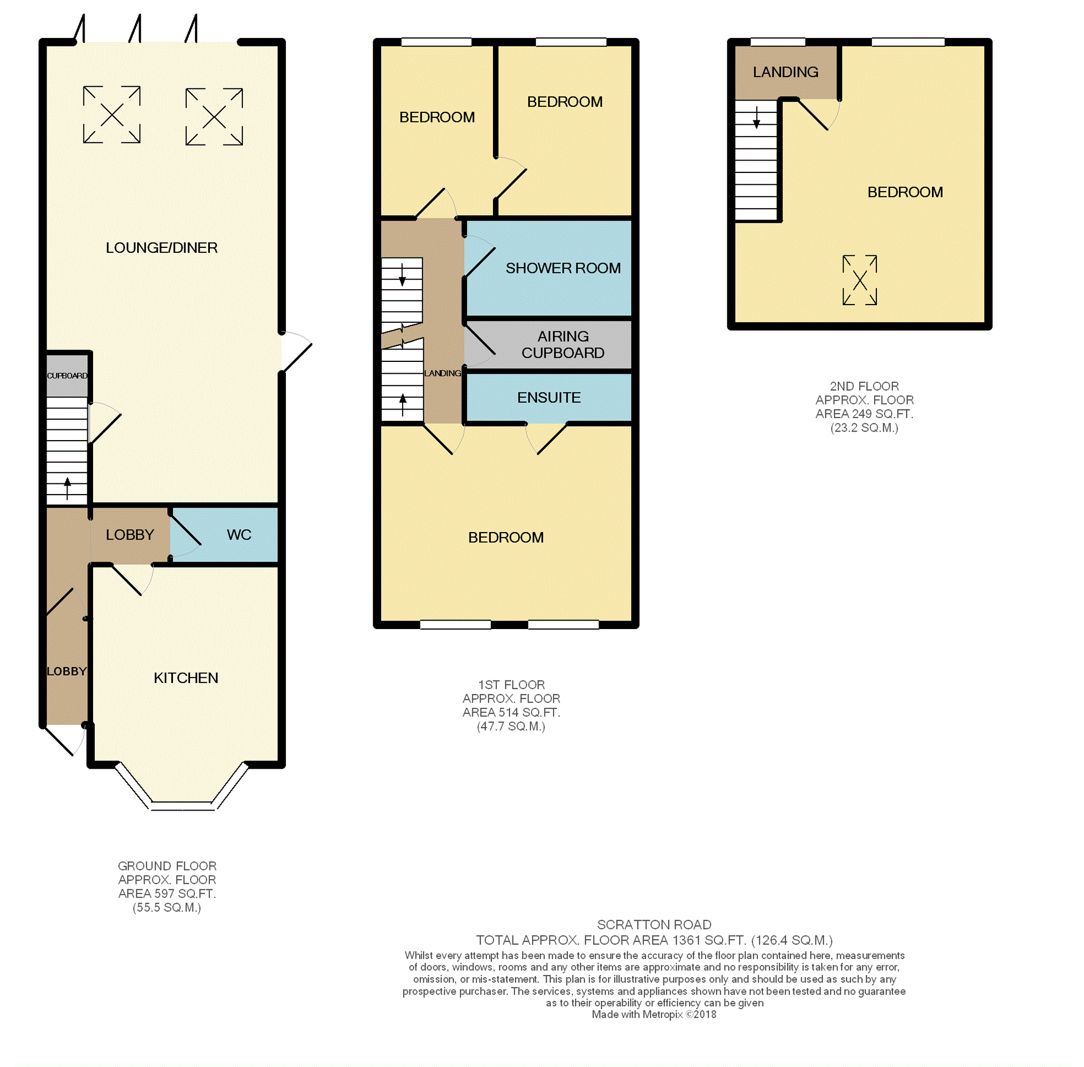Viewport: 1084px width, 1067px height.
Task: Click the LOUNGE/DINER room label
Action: pos(161,248)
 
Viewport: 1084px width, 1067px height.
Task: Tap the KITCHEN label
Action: pos(186,678)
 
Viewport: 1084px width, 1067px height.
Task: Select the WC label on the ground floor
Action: pos(239,535)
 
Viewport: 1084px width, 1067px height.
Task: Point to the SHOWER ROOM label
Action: pos(563,268)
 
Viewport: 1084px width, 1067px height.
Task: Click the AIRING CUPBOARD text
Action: pos(563,345)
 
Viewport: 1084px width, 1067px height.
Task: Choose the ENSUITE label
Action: pos(549,397)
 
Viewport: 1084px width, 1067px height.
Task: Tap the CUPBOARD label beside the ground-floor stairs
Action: pos(67,375)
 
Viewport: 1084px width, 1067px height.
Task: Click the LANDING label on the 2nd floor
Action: pos(785,72)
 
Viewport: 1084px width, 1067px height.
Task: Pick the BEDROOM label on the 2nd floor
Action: pos(905,192)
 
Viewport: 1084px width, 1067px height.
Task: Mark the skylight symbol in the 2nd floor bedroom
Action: pos(859,280)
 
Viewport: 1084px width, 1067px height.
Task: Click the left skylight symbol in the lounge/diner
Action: pos(111,115)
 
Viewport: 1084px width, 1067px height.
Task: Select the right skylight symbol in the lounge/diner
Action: pos(214,117)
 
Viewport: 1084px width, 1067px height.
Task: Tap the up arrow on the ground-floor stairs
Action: pos(68,488)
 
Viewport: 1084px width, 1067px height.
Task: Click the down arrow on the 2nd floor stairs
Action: pos(756,118)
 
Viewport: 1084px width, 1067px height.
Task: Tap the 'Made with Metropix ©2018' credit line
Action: pos(654,1015)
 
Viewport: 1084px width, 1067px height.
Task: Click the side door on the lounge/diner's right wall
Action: pos(296,352)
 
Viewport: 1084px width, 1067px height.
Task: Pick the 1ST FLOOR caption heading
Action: pos(511,685)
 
